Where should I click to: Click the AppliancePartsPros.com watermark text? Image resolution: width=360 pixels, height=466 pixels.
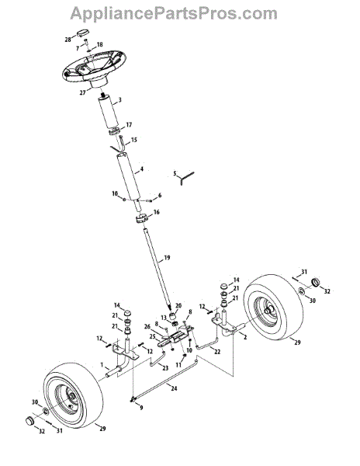tap(174, 14)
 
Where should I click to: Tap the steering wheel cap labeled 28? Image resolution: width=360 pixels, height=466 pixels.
tap(83, 33)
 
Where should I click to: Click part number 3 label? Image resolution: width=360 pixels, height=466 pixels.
tap(119, 100)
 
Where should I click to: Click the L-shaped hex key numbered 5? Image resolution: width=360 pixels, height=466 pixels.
tap(186, 177)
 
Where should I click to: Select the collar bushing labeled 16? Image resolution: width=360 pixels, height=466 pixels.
tap(142, 221)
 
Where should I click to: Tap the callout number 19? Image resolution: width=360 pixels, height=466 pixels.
tap(167, 258)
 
